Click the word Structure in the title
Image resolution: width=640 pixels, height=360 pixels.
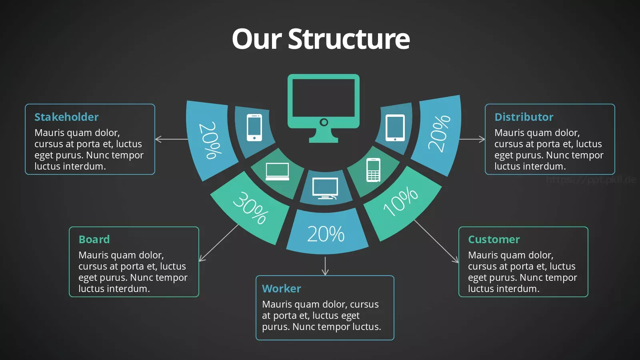(349, 39)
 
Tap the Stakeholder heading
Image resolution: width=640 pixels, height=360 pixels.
(66, 117)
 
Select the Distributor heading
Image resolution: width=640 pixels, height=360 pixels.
(524, 117)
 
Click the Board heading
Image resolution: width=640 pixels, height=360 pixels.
(94, 240)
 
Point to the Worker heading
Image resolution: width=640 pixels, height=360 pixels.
(282, 288)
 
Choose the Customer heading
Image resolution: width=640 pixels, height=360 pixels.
(494, 240)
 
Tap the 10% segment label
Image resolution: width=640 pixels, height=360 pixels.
(400, 201)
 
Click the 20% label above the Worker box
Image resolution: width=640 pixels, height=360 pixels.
(326, 234)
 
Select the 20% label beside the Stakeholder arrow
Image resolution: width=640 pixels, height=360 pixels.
(210, 140)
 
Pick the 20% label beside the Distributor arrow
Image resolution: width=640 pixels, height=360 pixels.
(439, 134)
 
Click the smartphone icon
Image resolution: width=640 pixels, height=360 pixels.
(254, 128)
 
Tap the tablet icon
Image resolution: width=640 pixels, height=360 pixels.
(395, 128)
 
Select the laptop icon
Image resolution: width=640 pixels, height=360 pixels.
(277, 172)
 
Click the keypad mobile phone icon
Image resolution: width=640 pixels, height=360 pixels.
(374, 170)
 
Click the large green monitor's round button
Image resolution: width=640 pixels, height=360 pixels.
(324, 122)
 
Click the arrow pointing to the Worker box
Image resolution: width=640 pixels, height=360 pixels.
(325, 266)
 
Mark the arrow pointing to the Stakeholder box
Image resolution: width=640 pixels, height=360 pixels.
(172, 139)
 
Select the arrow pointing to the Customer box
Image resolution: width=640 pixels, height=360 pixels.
(436, 241)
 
